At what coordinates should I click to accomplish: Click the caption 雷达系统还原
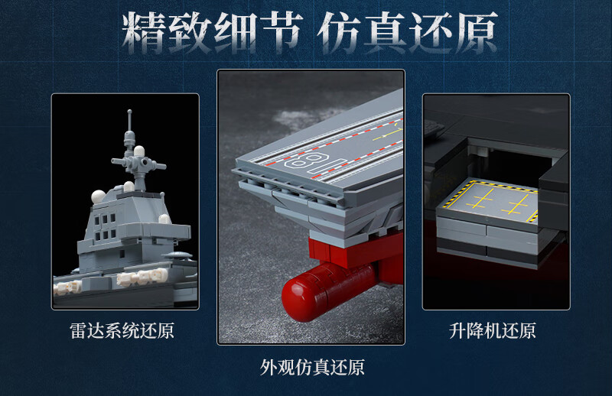point(122,330)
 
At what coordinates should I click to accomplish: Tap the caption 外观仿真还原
point(312,367)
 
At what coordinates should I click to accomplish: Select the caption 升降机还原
point(492,330)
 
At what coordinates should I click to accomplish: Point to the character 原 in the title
point(475,33)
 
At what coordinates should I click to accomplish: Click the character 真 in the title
point(385,33)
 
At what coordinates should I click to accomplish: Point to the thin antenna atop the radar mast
point(129,120)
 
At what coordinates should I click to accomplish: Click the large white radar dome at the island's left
point(98,196)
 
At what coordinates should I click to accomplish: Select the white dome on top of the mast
point(139,151)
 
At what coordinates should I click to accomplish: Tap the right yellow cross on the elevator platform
point(517,204)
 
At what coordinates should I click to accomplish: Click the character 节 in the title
point(280,33)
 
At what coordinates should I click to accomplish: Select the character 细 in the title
point(235,33)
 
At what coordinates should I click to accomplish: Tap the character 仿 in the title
point(339,33)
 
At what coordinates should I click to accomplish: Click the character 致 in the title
point(190,33)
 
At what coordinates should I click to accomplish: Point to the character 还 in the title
point(430,33)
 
